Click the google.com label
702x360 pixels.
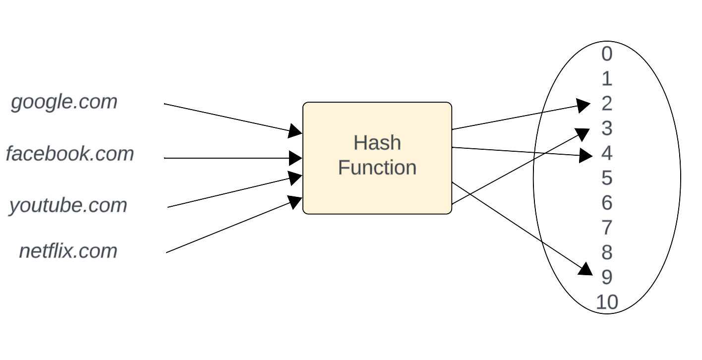point(64,102)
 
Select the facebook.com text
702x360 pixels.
point(70,154)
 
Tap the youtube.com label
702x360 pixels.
point(68,205)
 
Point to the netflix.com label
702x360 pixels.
point(68,251)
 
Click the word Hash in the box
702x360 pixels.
point(377,143)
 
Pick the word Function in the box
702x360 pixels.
point(377,168)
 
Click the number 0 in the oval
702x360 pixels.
point(607,54)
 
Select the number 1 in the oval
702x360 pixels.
point(607,79)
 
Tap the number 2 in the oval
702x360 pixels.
point(607,104)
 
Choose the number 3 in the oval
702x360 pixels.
point(607,128)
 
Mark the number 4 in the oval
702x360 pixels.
point(607,153)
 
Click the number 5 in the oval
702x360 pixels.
point(607,178)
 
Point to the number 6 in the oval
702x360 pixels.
point(607,203)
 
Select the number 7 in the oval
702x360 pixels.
point(607,228)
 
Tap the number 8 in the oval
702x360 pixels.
point(607,252)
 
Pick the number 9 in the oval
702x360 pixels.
point(607,277)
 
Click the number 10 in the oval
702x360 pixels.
point(607,302)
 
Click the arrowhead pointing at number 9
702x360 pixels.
point(586,269)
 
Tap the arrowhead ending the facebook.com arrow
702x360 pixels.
point(296,158)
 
